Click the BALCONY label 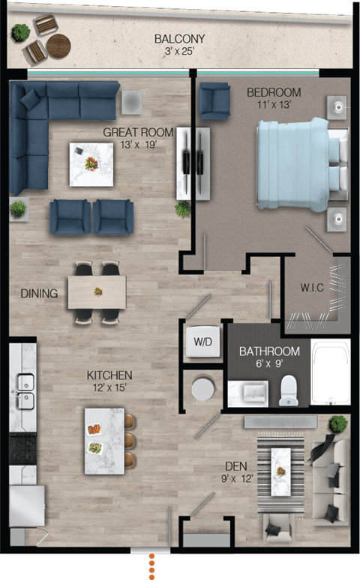tap(179, 39)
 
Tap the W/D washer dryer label tap(203, 342)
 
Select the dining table tap(97, 291)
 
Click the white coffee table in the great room tap(91, 164)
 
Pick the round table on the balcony tap(58, 46)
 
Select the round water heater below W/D tap(204, 388)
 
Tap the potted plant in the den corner tap(338, 424)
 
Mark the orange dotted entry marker tap(151, 566)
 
